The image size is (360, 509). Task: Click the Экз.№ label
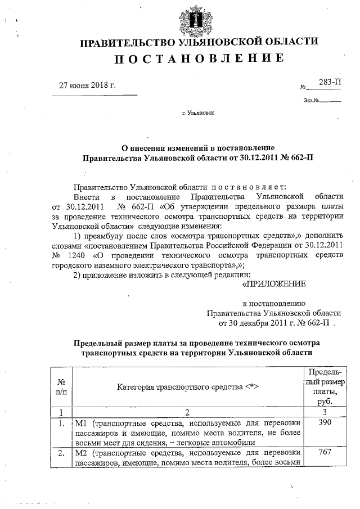point(310,101)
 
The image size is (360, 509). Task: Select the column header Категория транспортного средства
point(188,386)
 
